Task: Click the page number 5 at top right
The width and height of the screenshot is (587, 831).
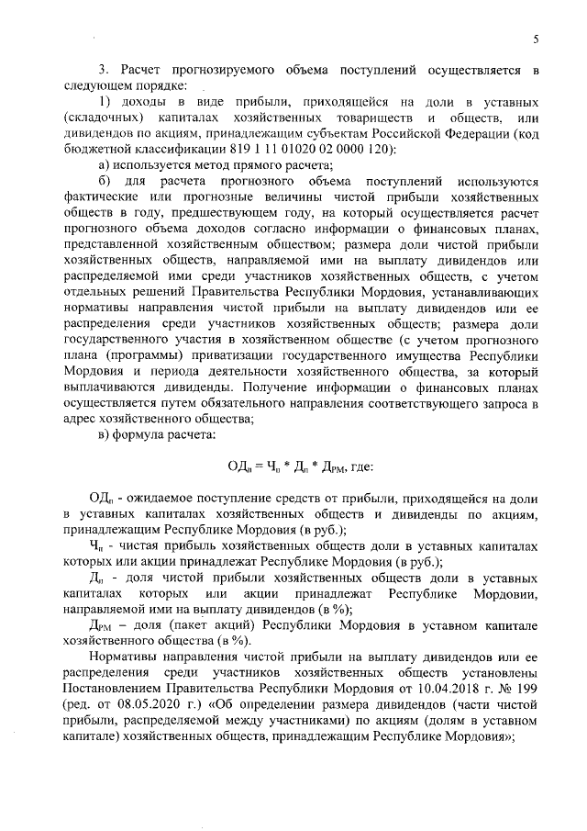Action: point(536,38)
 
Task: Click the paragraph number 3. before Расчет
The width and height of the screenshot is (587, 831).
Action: point(104,70)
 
